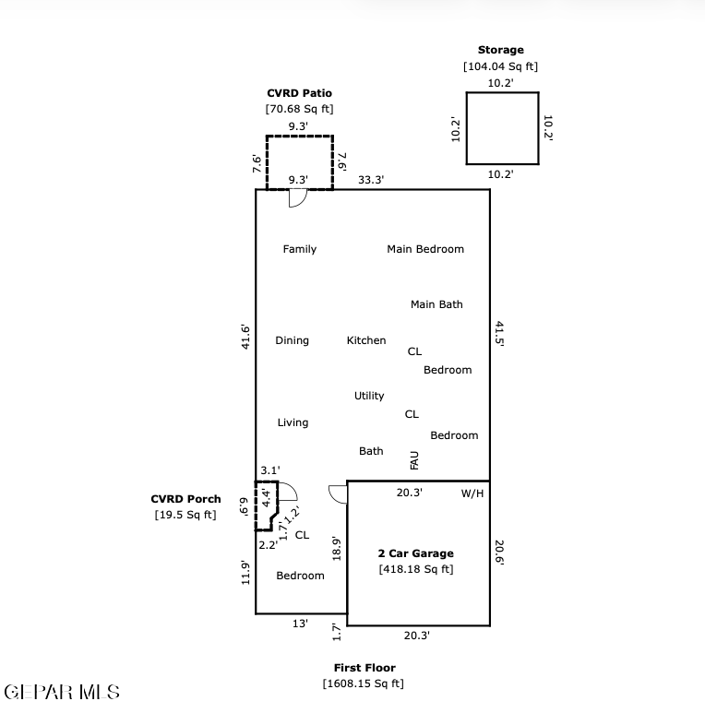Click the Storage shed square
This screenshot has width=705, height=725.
(x=466, y=128)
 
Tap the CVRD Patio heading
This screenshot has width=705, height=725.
(x=299, y=93)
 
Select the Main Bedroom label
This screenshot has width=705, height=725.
(x=425, y=249)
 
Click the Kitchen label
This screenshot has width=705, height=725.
(x=366, y=340)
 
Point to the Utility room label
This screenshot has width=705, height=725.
(x=369, y=396)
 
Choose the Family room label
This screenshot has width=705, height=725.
(x=299, y=249)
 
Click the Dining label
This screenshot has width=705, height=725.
(x=292, y=340)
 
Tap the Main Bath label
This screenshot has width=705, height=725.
(x=436, y=304)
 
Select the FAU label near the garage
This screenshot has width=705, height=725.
(x=414, y=460)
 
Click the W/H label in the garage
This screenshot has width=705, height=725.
(x=472, y=493)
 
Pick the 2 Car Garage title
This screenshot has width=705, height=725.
(x=415, y=553)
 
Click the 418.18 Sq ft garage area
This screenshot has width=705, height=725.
(x=416, y=569)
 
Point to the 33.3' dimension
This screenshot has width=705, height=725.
(x=371, y=179)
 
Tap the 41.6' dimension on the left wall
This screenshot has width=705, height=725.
(x=245, y=337)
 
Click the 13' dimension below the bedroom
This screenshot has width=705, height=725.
(x=300, y=624)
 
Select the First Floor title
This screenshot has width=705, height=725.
(x=364, y=668)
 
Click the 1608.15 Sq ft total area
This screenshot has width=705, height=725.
(x=364, y=683)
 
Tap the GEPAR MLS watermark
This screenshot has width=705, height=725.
(x=62, y=692)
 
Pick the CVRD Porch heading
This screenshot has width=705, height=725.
(x=185, y=499)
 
